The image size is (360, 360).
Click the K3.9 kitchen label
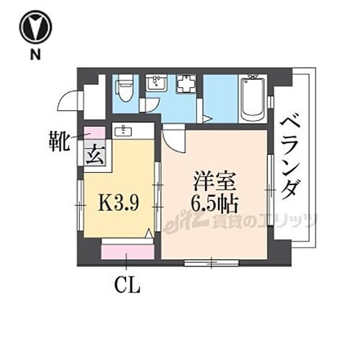[118, 204]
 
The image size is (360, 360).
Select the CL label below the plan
[127, 286]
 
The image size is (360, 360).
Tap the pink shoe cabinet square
[94, 132]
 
